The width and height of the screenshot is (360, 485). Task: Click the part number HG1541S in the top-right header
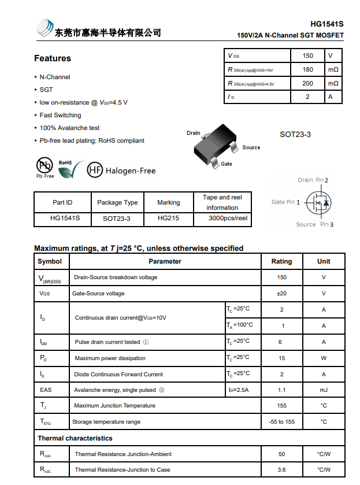point(326,24)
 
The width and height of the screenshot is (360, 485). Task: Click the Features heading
point(53,58)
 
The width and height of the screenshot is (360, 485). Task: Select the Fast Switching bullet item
point(60,115)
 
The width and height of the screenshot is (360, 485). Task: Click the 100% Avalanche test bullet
point(69,128)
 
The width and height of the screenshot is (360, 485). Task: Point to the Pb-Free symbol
point(45,167)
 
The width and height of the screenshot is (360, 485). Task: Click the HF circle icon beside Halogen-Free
point(95,170)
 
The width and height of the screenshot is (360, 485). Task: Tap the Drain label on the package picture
point(193,133)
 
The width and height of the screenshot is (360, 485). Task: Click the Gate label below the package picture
point(227,164)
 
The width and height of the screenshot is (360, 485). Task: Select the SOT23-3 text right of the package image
point(295,134)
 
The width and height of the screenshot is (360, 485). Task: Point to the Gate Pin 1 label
point(286,202)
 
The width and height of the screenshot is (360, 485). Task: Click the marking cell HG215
point(168,219)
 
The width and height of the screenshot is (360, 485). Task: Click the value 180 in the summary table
point(307,69)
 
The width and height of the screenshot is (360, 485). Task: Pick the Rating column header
point(281,261)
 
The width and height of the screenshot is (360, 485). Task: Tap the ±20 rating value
point(281,294)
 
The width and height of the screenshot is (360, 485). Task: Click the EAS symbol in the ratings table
point(46,390)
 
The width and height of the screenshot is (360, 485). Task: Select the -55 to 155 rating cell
point(281,422)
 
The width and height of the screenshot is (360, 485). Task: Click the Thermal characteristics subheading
point(75,438)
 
